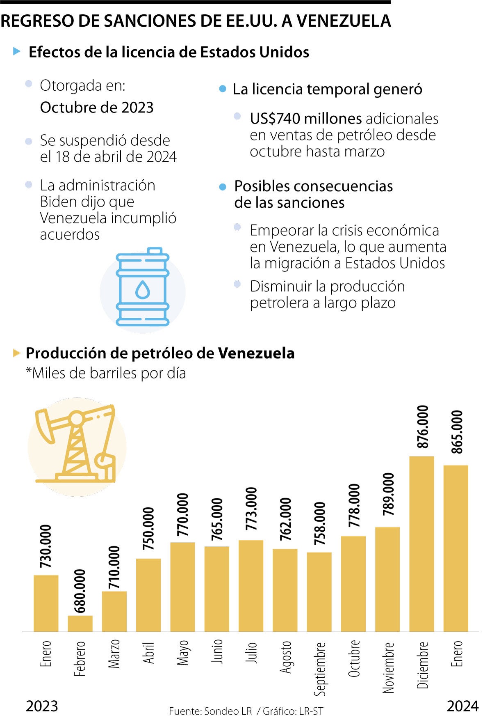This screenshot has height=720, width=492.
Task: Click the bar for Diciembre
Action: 421,543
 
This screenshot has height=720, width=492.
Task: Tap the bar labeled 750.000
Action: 148,595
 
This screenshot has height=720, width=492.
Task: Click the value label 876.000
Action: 422,427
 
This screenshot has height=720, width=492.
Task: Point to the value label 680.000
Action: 80,591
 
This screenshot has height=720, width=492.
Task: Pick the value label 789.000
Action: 388,494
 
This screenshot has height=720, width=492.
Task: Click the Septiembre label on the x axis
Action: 320,669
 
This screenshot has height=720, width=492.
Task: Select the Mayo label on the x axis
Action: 182,652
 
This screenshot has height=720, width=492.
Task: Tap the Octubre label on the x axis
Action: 353,658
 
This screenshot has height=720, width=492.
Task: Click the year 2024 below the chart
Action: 462,706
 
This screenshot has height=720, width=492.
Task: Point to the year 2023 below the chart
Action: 42,706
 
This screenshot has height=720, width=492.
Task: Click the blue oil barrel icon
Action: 143,287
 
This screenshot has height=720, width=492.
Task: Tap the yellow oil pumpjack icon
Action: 77,446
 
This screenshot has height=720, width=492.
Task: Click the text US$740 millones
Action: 305,119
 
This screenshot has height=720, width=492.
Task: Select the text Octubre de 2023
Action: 97,108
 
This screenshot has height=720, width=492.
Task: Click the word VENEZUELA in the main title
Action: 344,21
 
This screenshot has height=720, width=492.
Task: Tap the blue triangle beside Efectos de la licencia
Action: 17,51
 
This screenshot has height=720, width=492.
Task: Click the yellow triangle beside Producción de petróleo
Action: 17,353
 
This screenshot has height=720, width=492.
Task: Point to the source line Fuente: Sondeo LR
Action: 210,711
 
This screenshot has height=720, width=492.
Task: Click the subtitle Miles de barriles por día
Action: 106,373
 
